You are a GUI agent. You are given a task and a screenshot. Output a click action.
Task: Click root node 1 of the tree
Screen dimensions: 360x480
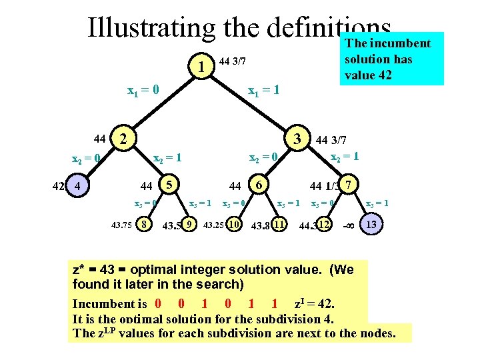click(x=201, y=67)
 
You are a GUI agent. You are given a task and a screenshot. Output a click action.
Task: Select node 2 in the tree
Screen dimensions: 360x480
click(x=122, y=139)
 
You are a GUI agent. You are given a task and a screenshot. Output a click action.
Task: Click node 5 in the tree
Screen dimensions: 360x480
click(x=170, y=184)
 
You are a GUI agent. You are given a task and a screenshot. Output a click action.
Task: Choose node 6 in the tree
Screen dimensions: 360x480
click(x=259, y=184)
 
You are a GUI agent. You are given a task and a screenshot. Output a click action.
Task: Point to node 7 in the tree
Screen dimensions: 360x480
click(x=349, y=184)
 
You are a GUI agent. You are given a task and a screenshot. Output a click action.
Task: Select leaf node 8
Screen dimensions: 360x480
click(x=143, y=225)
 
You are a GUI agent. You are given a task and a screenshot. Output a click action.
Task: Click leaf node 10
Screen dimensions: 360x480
click(x=234, y=225)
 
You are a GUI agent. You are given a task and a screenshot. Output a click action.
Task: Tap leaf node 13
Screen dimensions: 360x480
click(x=371, y=225)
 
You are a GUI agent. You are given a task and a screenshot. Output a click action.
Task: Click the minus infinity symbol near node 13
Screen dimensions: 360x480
click(x=347, y=225)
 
